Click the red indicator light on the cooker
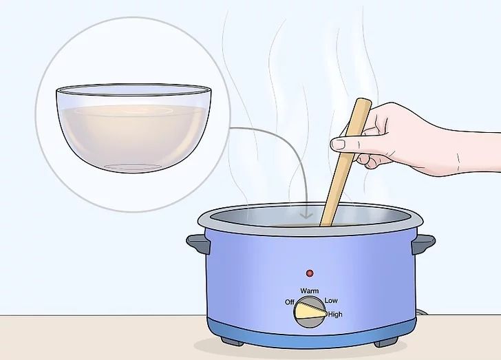tap(309, 273)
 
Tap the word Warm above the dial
tap(309, 291)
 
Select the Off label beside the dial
tap(290, 302)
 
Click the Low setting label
tap(331, 301)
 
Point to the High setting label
tap(335, 315)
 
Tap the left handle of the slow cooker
tap(198, 244)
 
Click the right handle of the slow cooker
tap(423, 244)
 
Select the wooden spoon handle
tap(345, 162)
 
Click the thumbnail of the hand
tap(338, 145)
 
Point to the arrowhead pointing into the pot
tap(306, 216)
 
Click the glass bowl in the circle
tap(134, 128)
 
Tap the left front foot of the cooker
tap(232, 341)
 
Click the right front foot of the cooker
tap(386, 343)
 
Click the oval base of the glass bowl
tap(134, 167)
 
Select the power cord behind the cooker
tap(422, 312)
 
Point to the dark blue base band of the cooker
tap(312, 331)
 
